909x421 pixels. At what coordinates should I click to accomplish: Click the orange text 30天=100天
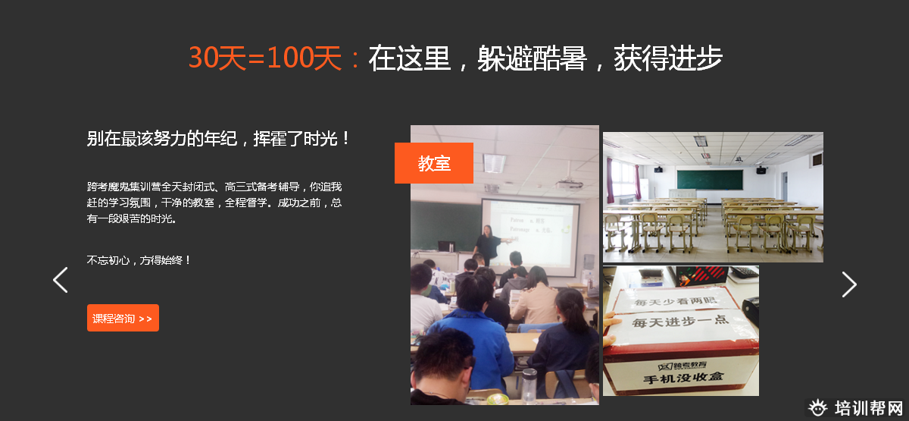click(x=265, y=58)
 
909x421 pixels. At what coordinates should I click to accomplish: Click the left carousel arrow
click(x=61, y=280)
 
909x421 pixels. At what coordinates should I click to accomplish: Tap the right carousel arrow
click(x=849, y=284)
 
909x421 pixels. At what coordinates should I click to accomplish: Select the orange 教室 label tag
click(x=434, y=163)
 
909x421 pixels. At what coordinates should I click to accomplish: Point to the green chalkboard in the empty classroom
click(x=709, y=180)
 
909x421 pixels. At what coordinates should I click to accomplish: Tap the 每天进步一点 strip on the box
click(x=679, y=322)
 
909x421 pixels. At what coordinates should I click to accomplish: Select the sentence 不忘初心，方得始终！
click(x=139, y=260)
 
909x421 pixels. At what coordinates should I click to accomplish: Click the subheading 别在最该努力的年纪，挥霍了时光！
click(x=219, y=139)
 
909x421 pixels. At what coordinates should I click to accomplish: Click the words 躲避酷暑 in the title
click(x=532, y=58)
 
